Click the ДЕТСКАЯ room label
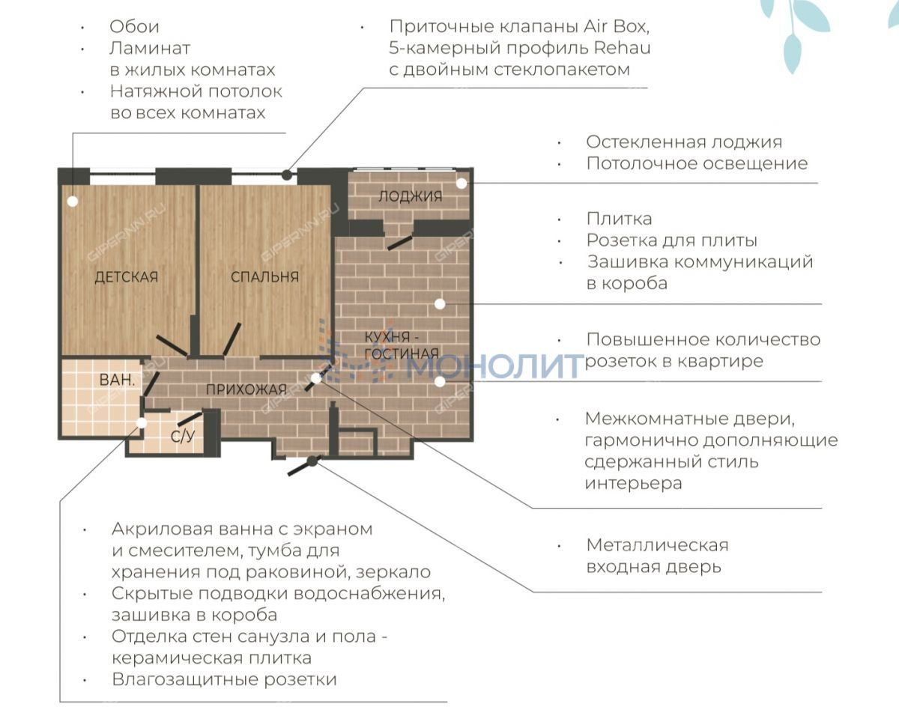127,276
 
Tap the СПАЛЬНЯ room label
265,276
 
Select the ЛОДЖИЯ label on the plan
411,196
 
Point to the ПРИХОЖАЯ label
246,389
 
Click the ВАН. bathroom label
118,380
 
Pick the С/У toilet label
183,436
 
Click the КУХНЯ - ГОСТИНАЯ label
402,345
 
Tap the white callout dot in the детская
73,201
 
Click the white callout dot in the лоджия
461,183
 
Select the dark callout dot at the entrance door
312,461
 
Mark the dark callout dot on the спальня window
287,175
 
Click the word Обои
135,27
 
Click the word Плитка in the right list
619,219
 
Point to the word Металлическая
658,545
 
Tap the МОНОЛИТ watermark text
495,366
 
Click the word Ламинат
150,49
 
